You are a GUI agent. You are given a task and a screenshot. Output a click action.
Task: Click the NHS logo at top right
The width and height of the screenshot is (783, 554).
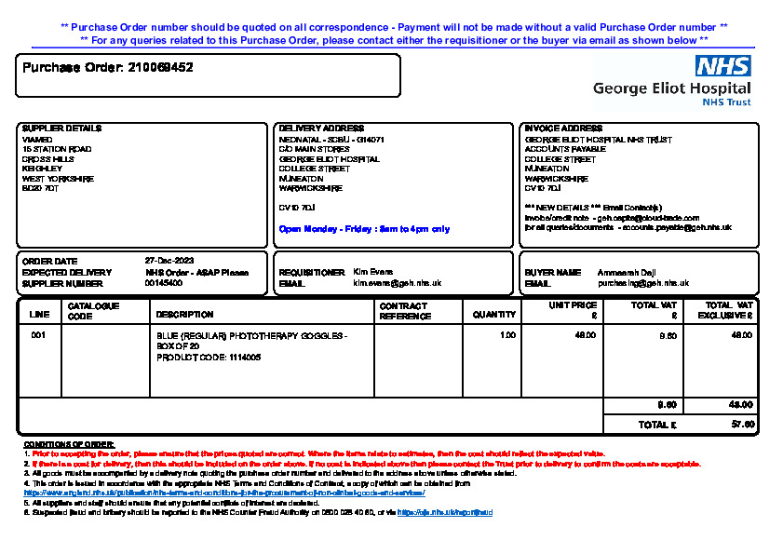723,66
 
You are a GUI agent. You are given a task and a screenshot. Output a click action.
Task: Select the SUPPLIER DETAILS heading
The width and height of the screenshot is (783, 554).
61,128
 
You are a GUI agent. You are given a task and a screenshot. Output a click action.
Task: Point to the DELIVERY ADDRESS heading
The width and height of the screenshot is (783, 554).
322,128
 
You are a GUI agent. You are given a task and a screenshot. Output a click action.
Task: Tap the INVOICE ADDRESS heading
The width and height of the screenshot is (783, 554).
563,128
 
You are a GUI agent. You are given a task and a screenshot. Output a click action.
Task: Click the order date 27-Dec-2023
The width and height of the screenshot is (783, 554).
169,261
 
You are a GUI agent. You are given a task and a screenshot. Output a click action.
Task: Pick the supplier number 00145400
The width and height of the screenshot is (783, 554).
164,283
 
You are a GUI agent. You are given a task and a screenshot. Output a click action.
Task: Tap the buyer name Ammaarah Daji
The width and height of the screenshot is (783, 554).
628,272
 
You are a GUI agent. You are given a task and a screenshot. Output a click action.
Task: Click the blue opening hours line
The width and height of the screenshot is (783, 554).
364,229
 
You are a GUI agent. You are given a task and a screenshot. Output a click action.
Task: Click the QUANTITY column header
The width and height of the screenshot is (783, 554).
493,315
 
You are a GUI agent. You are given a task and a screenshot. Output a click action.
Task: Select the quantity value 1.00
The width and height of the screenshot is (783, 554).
507,335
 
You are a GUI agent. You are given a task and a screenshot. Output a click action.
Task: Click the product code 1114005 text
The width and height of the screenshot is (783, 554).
209,358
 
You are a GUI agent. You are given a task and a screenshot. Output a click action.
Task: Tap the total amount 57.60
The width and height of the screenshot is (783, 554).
742,425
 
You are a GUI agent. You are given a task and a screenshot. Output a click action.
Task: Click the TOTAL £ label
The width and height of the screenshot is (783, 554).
656,425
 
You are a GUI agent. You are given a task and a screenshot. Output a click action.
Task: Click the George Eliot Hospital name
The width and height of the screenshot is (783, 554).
671,89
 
